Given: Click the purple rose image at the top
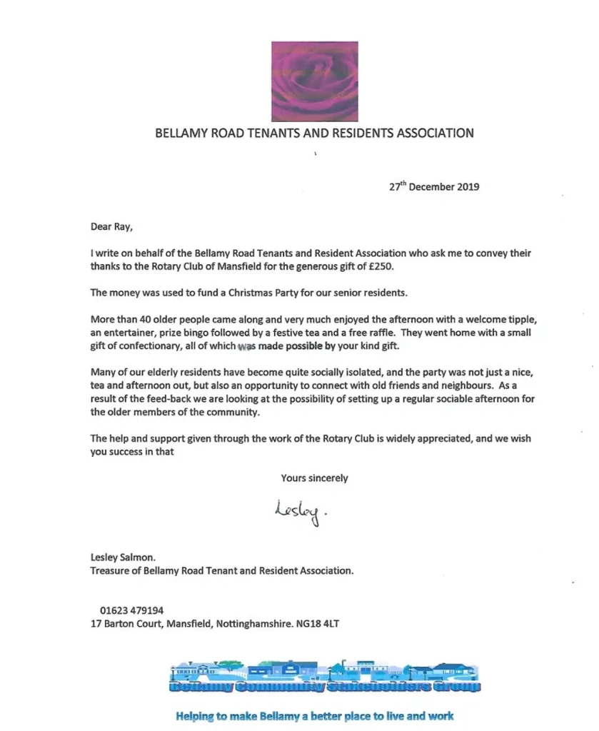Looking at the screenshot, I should (314, 81).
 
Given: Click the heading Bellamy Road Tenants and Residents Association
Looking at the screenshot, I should (314, 133).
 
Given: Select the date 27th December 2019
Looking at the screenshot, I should (434, 187).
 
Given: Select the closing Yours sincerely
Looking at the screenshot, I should (314, 478).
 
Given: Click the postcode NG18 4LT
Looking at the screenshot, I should (319, 623).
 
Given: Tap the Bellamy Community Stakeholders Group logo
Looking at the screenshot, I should (325, 678).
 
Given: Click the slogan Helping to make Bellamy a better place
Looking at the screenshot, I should (314, 715).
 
